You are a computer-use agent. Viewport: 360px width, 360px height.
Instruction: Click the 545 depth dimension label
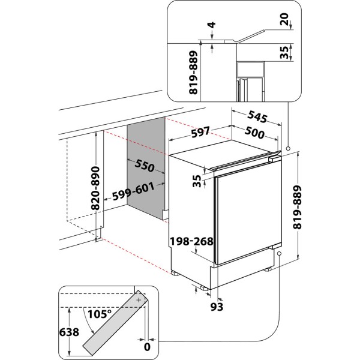(248, 115)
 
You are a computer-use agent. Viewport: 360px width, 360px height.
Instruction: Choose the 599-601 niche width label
(134, 191)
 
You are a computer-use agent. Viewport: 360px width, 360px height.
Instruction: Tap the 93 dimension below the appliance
(218, 307)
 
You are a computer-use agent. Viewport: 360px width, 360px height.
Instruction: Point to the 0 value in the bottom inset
(146, 346)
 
